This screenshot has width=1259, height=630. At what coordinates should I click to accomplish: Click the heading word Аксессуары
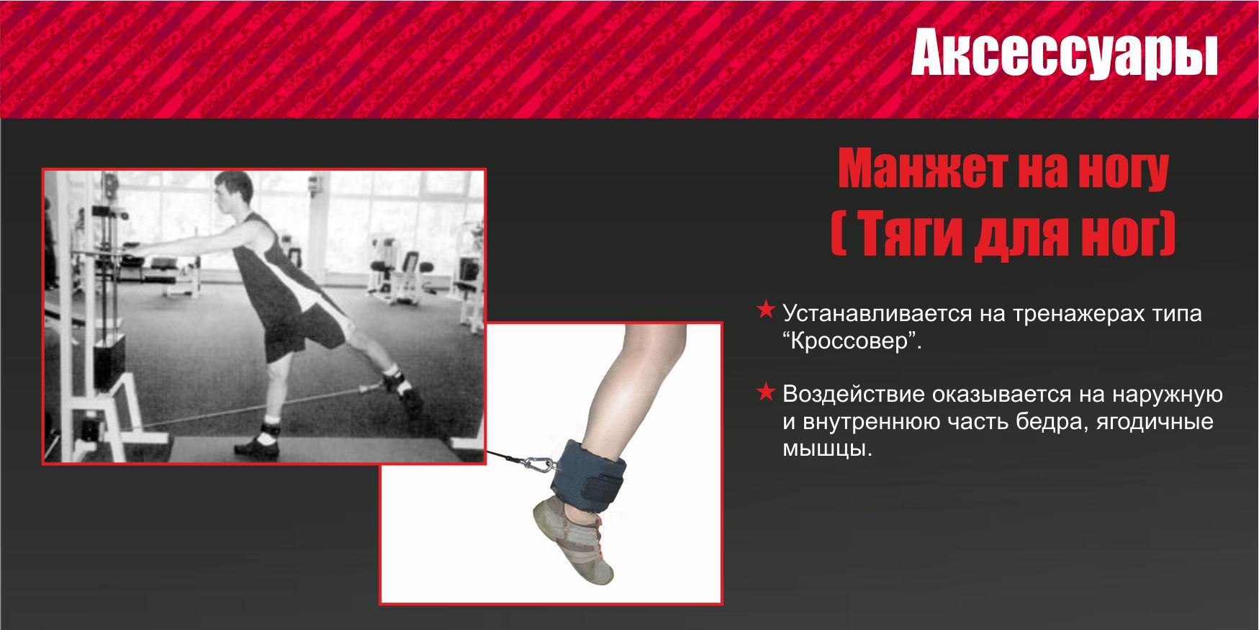[x=1064, y=54]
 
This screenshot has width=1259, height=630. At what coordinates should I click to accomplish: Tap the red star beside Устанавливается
[x=766, y=310]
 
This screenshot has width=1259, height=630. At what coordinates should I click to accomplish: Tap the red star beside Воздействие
[x=766, y=392]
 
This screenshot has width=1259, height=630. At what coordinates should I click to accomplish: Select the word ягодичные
[x=1155, y=422]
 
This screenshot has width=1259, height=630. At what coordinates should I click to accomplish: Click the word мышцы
[x=827, y=449]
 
